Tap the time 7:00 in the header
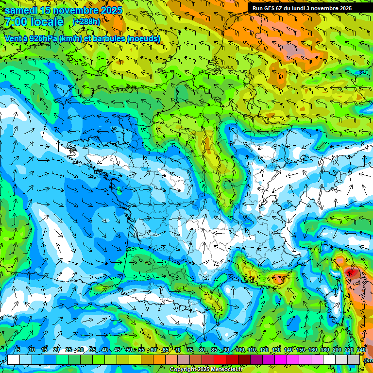tap(15, 22)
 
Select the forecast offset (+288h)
tap(86, 22)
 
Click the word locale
tap(47, 22)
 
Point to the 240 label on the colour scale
tap(361, 350)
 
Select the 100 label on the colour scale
tap(239, 350)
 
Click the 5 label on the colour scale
tap(18, 350)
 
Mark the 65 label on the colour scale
tap(166, 350)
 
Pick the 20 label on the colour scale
tap(56, 350)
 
